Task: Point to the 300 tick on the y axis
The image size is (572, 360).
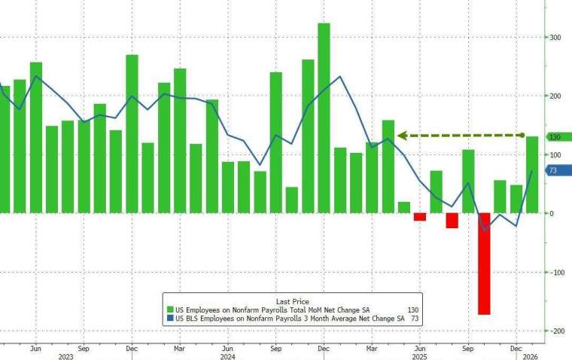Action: click(x=554, y=37)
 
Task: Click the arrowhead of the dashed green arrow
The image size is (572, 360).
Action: click(x=402, y=136)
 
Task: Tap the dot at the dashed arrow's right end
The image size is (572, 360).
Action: click(x=522, y=136)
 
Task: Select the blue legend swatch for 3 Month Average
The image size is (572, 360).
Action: click(x=170, y=319)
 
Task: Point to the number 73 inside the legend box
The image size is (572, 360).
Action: click(x=414, y=319)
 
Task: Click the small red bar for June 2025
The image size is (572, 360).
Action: click(x=420, y=217)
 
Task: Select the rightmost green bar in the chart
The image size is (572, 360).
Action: click(x=531, y=175)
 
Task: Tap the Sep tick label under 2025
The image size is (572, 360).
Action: click(x=468, y=349)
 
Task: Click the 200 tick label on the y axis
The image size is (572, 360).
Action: click(x=554, y=96)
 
